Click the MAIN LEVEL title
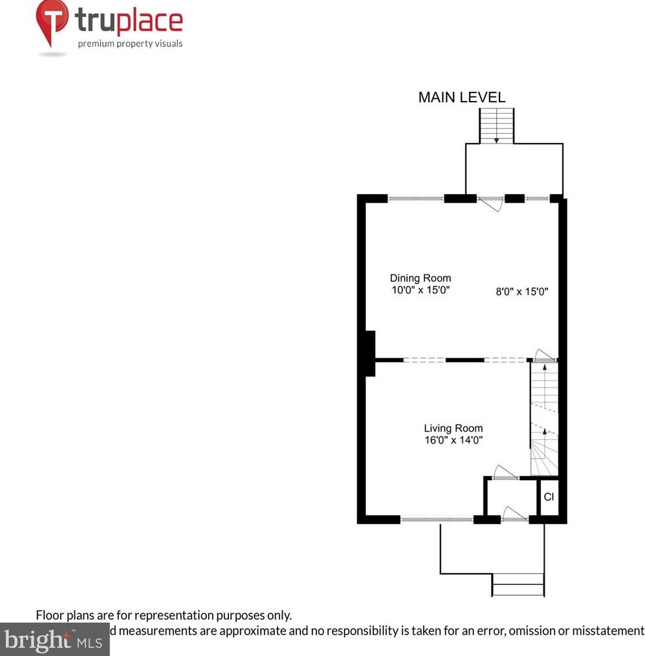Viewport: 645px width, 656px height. point(461,98)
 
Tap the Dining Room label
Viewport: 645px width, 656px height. point(420,278)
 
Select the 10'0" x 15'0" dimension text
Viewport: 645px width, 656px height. point(420,290)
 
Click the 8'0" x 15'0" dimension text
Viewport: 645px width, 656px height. point(521,292)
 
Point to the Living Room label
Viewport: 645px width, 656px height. point(453,428)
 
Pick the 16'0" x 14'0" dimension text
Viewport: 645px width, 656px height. point(453,440)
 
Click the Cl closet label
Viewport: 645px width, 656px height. point(548,497)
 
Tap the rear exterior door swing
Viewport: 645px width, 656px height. point(490,204)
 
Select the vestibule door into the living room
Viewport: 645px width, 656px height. point(505,473)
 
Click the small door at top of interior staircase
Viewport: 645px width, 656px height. point(542,355)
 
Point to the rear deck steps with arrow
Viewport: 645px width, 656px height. point(496,126)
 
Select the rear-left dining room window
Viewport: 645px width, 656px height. point(415,199)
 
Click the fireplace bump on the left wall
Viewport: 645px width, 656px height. point(369,353)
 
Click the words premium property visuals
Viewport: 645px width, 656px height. point(130,44)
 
